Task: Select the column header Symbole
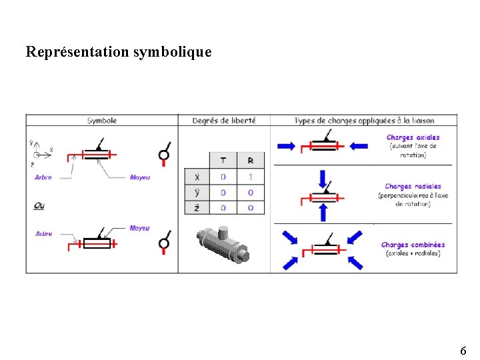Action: pyautogui.click(x=102, y=121)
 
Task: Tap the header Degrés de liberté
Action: pyautogui.click(x=223, y=121)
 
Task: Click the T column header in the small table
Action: pyautogui.click(x=223, y=161)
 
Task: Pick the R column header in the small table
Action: pyautogui.click(x=250, y=161)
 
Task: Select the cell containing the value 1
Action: pyautogui.click(x=250, y=177)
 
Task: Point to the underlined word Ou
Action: pyautogui.click(x=40, y=205)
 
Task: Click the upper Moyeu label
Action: pyautogui.click(x=139, y=177)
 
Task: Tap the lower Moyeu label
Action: pyautogui.click(x=139, y=228)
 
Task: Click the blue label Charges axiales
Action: pyautogui.click(x=413, y=137)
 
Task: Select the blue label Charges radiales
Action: pyautogui.click(x=413, y=187)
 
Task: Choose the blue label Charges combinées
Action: pyautogui.click(x=413, y=245)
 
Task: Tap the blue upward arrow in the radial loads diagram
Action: pyautogui.click(x=323, y=212)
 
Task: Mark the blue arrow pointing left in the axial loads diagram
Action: pyautogui.click(x=358, y=146)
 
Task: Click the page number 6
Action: pyautogui.click(x=463, y=351)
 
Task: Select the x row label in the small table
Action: pyautogui.click(x=197, y=177)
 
